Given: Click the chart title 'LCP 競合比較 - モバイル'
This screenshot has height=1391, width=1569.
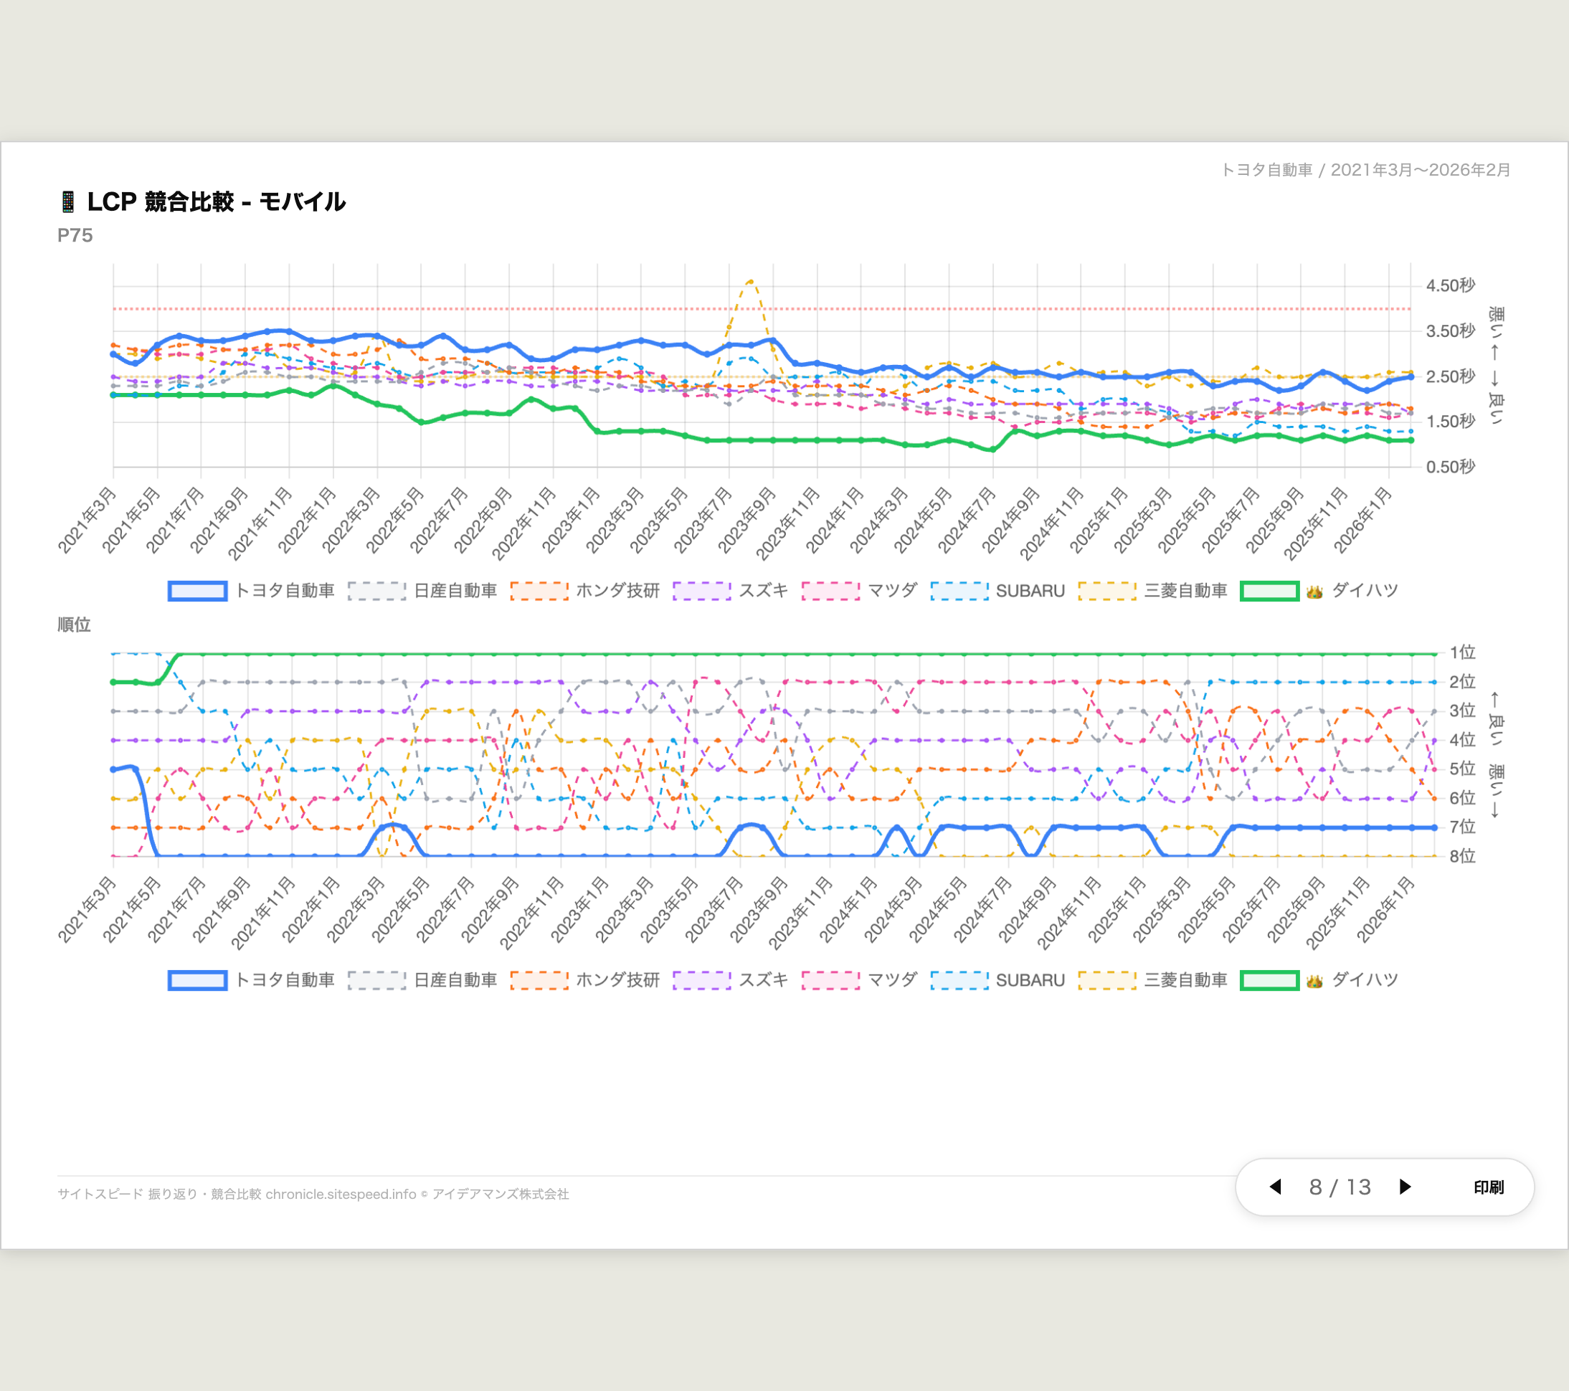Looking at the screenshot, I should coord(216,202).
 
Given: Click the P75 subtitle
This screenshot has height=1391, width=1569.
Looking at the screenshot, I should coord(75,236).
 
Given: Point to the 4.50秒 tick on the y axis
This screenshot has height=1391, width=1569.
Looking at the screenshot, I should coord(1450,285).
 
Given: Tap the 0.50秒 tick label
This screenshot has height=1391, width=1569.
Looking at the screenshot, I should coord(1450,467).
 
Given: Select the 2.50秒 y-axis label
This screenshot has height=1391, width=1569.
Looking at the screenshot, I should coord(1450,376).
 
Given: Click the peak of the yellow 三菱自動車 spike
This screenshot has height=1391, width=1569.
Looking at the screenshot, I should coord(751,281).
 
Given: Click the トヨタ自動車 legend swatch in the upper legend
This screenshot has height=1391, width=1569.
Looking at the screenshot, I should coord(197,591).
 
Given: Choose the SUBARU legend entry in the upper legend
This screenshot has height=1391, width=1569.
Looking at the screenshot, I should coord(1029,591).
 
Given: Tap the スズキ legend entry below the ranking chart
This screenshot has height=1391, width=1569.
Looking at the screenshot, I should coord(762,980).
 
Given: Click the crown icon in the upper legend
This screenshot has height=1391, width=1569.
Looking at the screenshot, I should coord(1314,592).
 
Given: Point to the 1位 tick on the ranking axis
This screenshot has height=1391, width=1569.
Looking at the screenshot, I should coord(1461,652).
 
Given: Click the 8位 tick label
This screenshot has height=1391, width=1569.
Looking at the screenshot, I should coord(1461,856).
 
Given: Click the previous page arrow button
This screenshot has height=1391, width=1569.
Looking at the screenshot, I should coord(1276,1187).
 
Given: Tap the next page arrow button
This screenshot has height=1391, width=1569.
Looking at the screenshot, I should coord(1405,1187).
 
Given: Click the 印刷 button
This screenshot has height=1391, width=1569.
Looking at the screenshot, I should coord(1489,1187).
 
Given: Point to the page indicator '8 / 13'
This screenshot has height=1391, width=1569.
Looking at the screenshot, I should coord(1340,1187).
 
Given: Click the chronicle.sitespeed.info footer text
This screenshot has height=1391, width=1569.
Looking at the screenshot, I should coord(340,1195).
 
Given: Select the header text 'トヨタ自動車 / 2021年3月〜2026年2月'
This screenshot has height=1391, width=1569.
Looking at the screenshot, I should coord(1365,170).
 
